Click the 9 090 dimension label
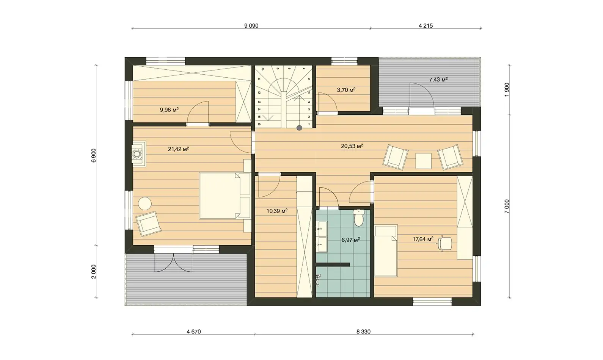point(251,26)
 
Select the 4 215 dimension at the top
point(426,26)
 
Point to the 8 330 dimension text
point(363,332)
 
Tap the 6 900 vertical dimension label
point(93,155)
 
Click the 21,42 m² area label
point(178,149)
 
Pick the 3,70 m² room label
point(346,90)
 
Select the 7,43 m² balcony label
point(438,80)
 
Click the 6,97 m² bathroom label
point(350,240)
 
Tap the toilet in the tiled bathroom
point(359,218)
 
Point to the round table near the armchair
point(145,203)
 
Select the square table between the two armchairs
point(424,161)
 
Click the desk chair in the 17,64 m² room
point(444,244)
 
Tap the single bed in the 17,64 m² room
point(386,251)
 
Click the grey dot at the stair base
point(299,128)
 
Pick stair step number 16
point(259,124)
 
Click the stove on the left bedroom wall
point(139,154)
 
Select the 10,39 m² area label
point(277,211)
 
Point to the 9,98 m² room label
point(169,110)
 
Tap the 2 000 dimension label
point(93,272)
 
